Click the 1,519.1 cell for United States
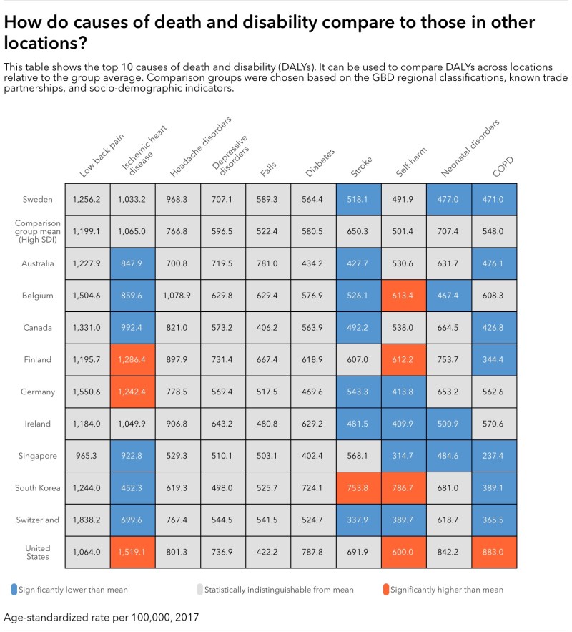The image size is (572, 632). pos(132,552)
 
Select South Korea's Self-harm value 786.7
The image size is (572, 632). pos(403,488)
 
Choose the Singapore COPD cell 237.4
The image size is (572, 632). pos(494,456)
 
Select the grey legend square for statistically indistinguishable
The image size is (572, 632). pos(199,590)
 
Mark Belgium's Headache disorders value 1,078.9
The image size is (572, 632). pos(177,296)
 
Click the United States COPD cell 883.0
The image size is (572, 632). pos(494,552)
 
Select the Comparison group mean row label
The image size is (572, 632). pos(34,230)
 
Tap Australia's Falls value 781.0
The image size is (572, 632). pos(267,263)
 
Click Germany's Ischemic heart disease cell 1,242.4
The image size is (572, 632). pos(132,392)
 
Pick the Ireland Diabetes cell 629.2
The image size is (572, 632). pos(312,424)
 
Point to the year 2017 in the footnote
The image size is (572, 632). pos(184,616)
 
